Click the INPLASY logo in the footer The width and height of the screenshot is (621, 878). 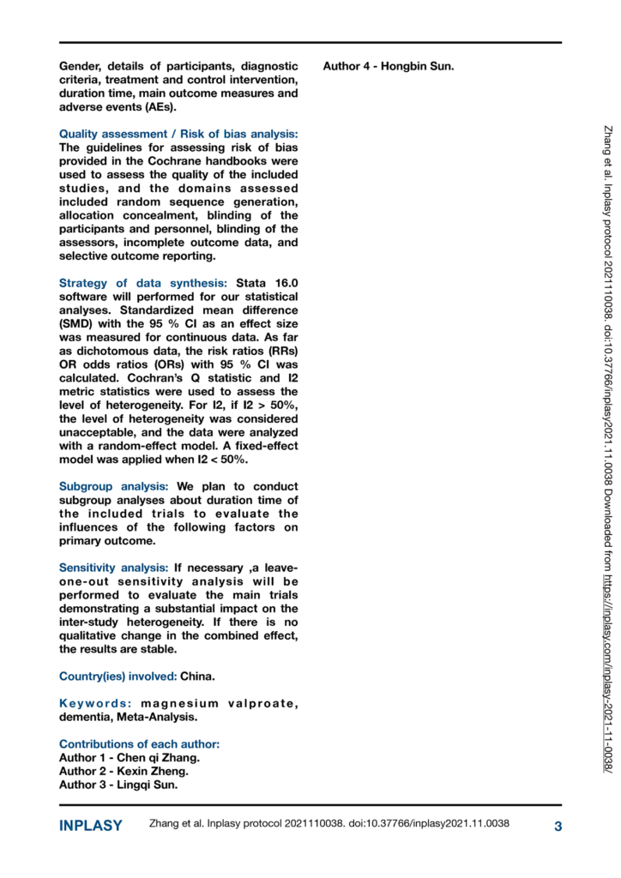90,826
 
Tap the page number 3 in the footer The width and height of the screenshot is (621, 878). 558,826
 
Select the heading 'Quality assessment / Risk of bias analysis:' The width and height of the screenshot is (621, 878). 178,134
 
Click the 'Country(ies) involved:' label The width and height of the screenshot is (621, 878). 118,676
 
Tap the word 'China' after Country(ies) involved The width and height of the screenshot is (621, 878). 197,676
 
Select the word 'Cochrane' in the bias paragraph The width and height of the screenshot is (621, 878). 172,161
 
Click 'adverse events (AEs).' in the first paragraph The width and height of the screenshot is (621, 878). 116,107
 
